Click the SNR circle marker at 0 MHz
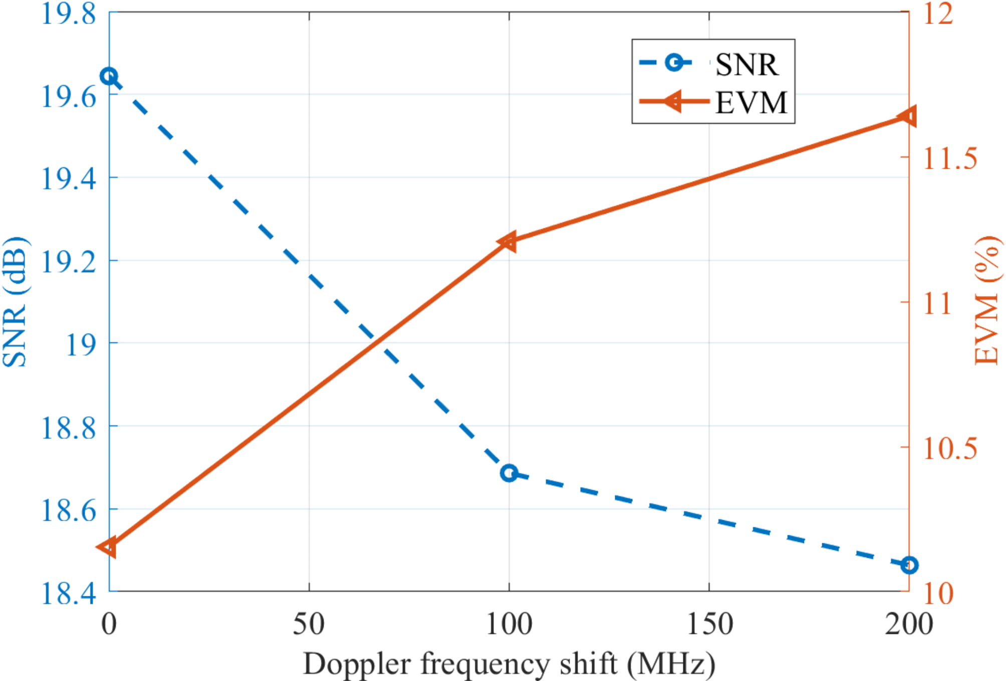pos(109,77)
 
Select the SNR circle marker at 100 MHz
pos(509,473)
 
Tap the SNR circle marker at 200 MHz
pos(909,565)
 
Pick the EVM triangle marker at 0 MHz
pos(108,547)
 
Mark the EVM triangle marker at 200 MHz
pos(908,117)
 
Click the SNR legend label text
pos(746,65)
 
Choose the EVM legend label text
pos(751,103)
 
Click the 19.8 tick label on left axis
pos(69,14)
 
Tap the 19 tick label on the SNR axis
pos(81,345)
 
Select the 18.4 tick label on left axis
pos(69,594)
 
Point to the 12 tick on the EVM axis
pos(938,14)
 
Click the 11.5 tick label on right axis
pos(950,159)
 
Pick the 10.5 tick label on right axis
pos(950,448)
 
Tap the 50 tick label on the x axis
pos(309,625)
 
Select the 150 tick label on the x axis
pos(709,625)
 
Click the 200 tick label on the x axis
pos(908,625)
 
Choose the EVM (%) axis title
pos(988,300)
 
